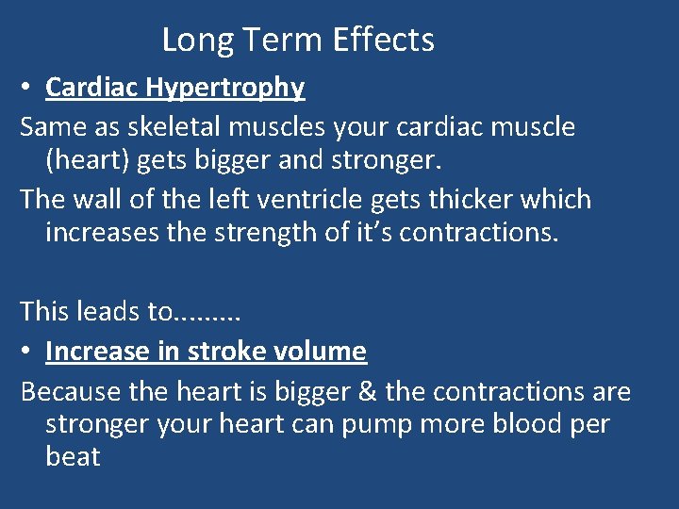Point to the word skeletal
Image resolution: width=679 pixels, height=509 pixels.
tap(178, 126)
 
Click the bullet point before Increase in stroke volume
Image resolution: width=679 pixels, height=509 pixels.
tap(28, 352)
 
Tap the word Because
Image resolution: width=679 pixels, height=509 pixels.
tap(68, 391)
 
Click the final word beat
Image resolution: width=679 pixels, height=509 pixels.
tap(73, 457)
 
